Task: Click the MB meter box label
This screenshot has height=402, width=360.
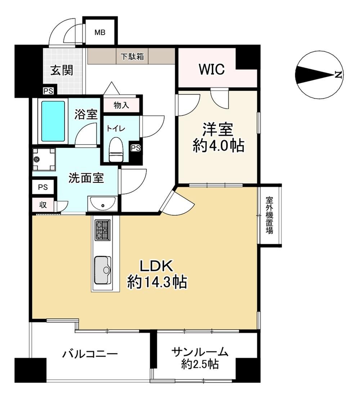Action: (100, 33)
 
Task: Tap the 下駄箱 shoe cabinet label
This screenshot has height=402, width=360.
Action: (132, 56)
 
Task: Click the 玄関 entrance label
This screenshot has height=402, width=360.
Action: (62, 70)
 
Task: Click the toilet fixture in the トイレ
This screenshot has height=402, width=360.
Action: (116, 150)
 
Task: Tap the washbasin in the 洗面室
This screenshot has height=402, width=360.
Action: (103, 204)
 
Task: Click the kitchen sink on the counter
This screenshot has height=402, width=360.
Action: (103, 270)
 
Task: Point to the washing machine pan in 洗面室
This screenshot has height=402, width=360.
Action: (44, 159)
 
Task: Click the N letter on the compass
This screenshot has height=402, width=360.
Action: (338, 74)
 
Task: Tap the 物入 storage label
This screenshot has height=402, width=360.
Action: (121, 105)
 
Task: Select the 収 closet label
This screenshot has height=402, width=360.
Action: (43, 205)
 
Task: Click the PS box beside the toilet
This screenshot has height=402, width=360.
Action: (136, 148)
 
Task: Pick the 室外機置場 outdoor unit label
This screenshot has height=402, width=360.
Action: (269, 215)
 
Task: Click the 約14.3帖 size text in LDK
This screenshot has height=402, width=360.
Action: (157, 282)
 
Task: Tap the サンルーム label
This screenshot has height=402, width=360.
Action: (200, 352)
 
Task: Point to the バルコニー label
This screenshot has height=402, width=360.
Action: (90, 354)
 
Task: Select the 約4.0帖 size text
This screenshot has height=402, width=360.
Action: (219, 146)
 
